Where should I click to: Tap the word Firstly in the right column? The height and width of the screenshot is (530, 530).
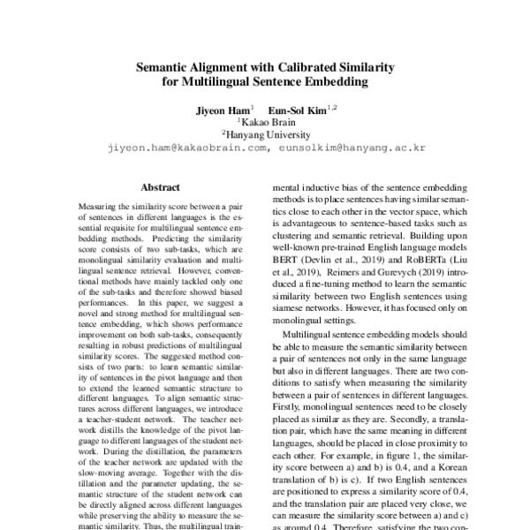point(290,411)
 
